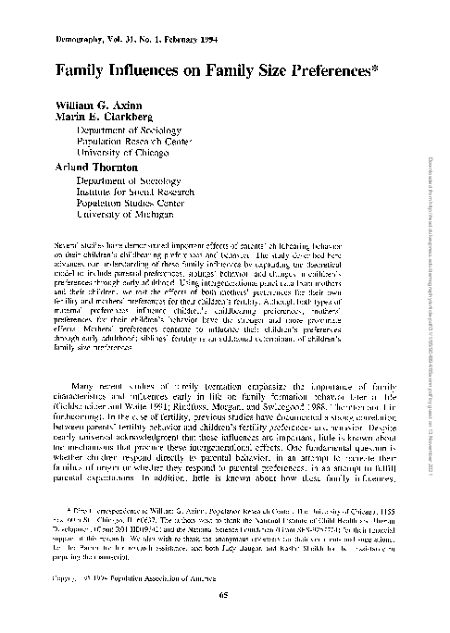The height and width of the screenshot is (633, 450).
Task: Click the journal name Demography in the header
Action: (x=65, y=42)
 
